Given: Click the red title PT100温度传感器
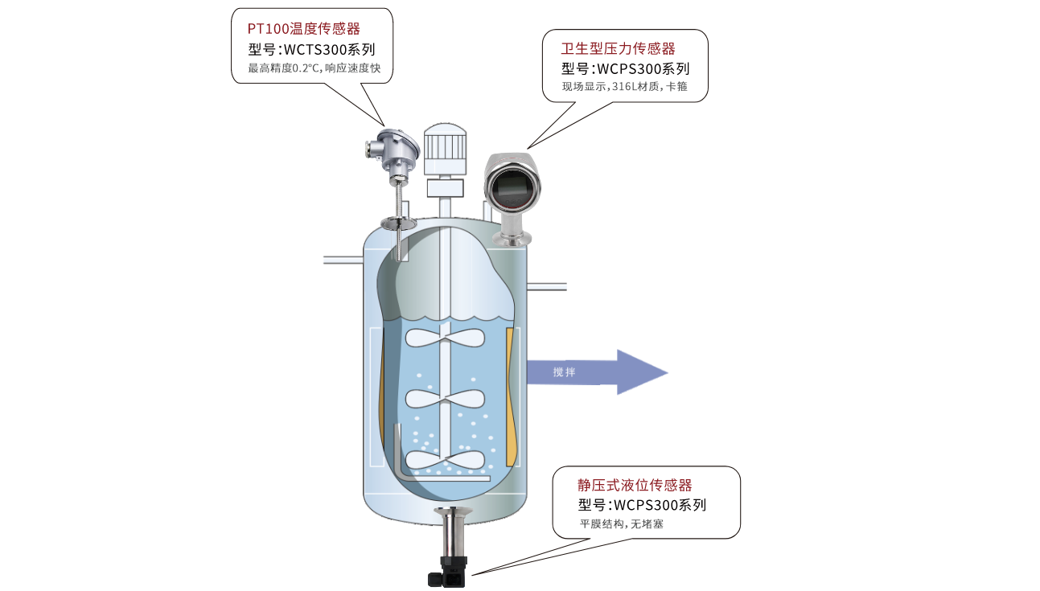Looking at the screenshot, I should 303,29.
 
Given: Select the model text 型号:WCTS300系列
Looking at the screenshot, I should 311,49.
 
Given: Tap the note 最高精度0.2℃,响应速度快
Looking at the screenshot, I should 313,68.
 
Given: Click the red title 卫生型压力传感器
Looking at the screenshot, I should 618,49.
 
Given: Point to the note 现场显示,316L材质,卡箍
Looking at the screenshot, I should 624,86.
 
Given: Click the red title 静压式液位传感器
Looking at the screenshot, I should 635,485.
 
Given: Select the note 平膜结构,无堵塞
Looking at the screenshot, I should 622,524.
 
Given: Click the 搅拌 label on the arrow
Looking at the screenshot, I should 564,372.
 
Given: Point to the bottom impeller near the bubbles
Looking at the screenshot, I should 445,459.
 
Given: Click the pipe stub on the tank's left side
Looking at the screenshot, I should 343,259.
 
